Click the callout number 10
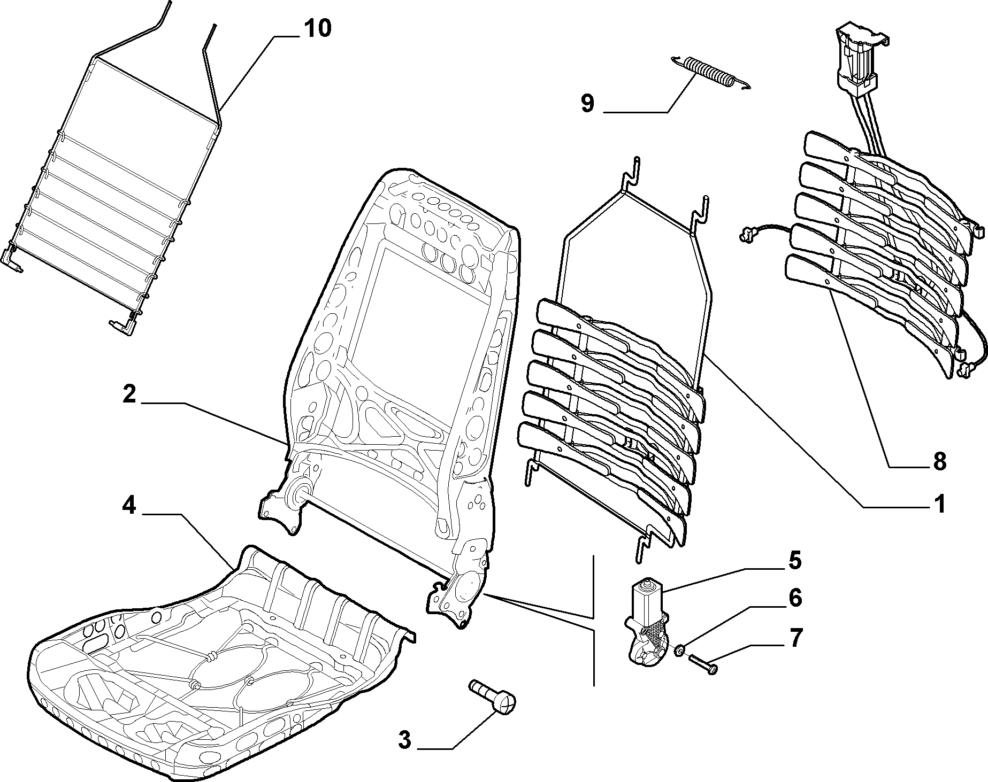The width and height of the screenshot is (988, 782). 318,29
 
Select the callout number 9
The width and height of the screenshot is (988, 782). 587,103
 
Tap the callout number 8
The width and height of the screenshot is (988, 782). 939,461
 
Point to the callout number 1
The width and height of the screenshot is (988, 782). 938,504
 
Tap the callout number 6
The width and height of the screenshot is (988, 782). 795,598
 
